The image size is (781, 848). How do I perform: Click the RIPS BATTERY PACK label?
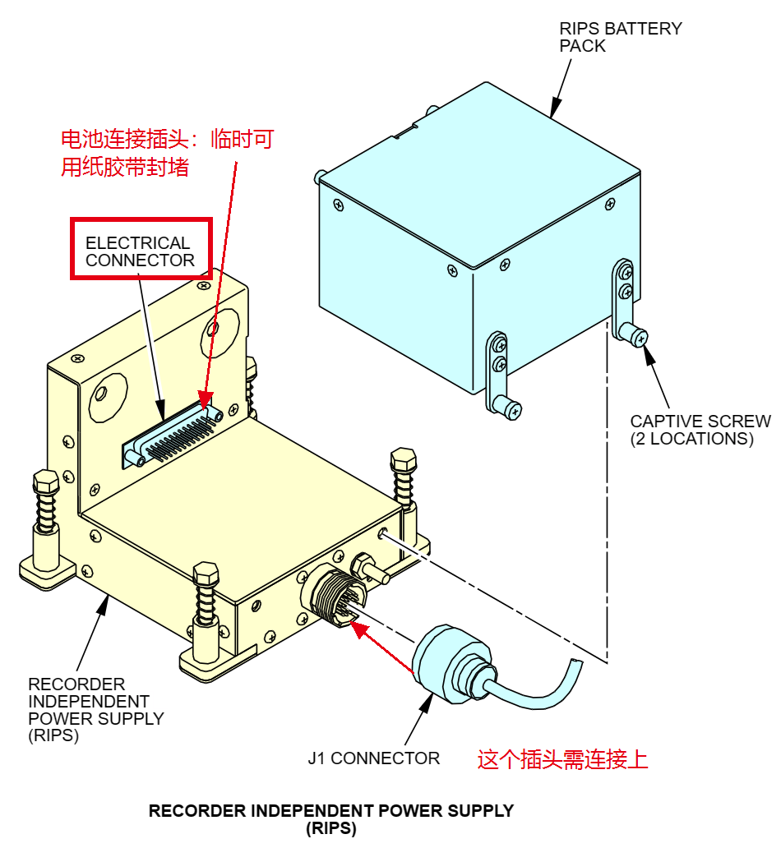click(620, 37)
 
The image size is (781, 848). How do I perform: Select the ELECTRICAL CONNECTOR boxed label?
click(141, 251)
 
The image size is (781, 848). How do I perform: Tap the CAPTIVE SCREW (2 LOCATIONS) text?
click(700, 430)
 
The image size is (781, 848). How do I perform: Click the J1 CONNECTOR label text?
click(373, 758)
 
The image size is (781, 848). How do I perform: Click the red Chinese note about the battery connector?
click(166, 153)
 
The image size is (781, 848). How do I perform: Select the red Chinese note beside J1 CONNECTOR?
click(563, 758)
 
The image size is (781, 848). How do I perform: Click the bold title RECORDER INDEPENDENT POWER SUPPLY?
click(330, 810)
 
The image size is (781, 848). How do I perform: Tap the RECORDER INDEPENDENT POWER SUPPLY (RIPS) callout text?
click(95, 709)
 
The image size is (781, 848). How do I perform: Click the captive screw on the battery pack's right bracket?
click(636, 334)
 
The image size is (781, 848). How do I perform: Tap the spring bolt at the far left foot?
click(46, 509)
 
